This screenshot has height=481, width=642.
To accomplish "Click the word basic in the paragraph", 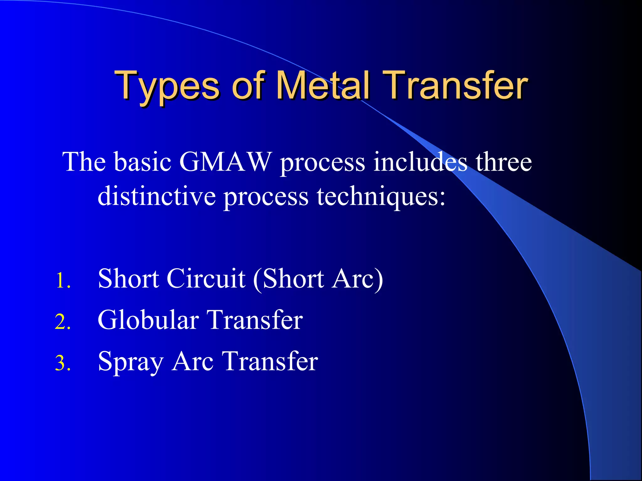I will point(142,162).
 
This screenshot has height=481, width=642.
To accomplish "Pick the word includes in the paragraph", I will point(420,162).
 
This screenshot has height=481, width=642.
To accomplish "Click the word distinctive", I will point(156,196).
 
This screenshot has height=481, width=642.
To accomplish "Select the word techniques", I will point(381,196).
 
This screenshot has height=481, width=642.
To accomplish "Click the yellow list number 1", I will point(63,281).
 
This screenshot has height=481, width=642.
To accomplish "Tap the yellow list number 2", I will point(63,322).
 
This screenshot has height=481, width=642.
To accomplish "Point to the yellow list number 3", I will point(63,363).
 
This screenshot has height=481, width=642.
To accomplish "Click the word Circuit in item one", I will point(206,279).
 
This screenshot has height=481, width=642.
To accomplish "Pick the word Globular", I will point(148,320).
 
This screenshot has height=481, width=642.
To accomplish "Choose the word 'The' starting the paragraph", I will point(84,162).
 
